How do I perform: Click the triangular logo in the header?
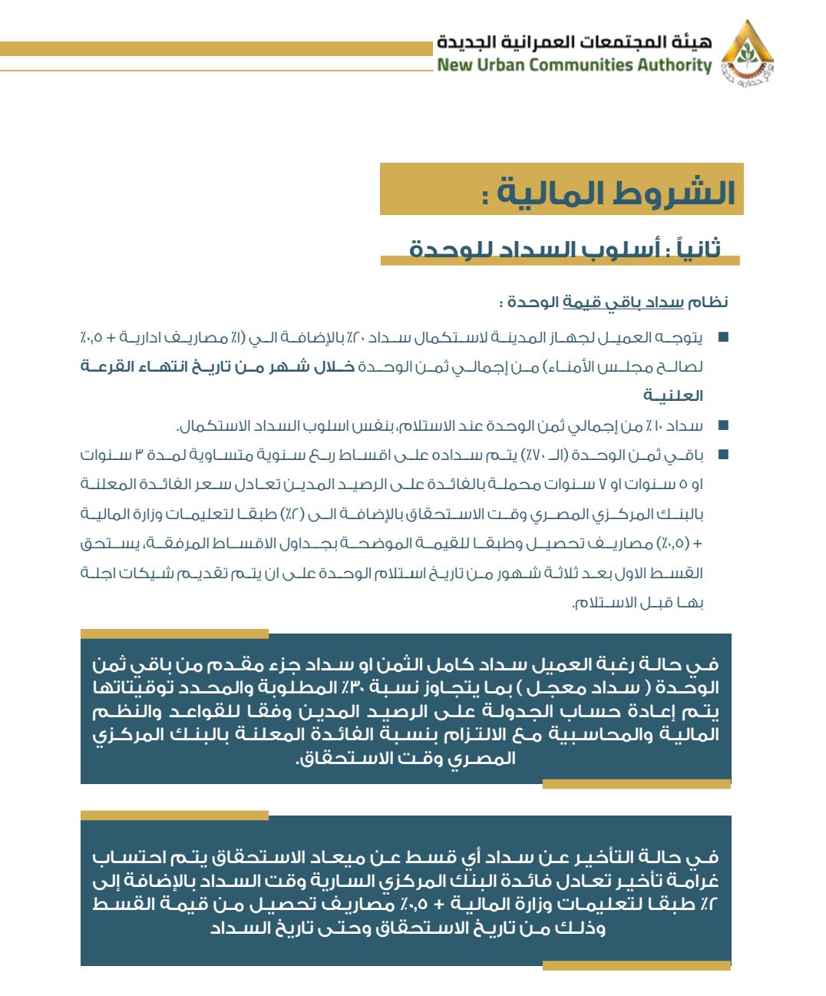click(747, 51)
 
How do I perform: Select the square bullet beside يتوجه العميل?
click(722, 337)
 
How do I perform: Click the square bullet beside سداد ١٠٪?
click(722, 425)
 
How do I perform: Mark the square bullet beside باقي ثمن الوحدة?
click(722, 455)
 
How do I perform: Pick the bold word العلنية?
click(673, 396)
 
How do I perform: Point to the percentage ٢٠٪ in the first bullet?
click(355, 338)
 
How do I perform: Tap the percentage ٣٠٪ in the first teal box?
click(351, 687)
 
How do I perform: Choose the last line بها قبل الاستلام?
click(638, 603)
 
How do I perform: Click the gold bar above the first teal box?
click(174, 634)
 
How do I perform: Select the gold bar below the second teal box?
click(636, 966)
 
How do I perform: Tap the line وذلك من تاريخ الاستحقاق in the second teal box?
click(408, 928)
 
